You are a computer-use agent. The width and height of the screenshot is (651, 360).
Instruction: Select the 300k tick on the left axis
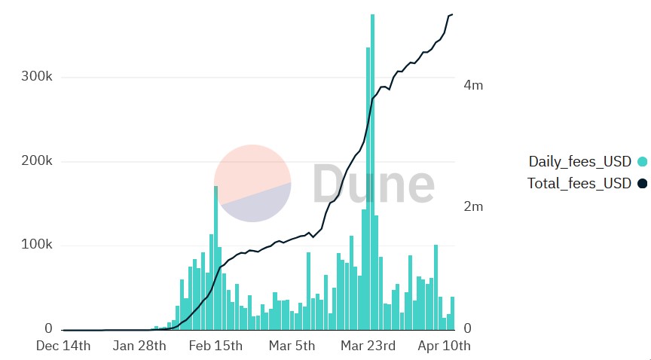point(36,78)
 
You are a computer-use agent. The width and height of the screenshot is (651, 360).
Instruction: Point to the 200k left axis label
point(36,161)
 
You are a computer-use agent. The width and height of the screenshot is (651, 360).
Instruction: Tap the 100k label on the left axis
point(36,246)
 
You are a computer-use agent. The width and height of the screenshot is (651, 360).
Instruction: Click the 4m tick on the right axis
point(473,85)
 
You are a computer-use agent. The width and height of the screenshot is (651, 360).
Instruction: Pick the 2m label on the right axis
point(473,207)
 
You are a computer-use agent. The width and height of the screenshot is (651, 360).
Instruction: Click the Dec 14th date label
point(63,346)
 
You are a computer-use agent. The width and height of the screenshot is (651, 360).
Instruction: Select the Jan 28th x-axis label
point(139,346)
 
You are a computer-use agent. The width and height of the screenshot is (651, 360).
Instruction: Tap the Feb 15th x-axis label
point(215,346)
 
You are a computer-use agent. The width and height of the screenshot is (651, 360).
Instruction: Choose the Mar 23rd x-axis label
point(368,346)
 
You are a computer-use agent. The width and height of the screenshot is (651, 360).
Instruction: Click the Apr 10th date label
point(444,346)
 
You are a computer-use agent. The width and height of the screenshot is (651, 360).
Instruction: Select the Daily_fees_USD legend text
point(579,161)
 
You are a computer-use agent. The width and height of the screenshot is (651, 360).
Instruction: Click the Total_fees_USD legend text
point(579,183)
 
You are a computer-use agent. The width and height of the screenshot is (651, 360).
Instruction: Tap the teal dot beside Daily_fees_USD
point(642,161)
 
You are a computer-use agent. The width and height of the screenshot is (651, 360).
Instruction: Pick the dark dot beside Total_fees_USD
point(642,183)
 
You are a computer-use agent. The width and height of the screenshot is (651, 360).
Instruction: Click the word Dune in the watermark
point(373,184)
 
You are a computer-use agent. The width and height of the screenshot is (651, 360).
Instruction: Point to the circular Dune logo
point(252,184)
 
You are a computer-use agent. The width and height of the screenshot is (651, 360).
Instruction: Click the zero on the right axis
point(467,329)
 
